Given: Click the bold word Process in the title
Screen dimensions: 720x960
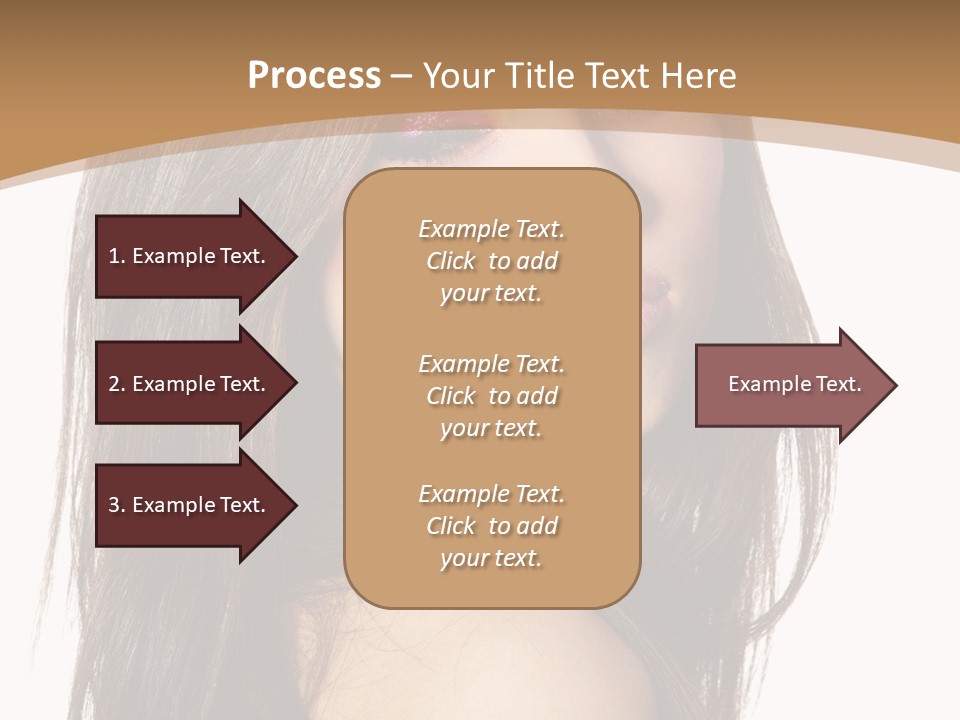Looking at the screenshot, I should click(x=314, y=76).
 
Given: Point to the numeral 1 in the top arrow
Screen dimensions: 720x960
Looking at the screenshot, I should click(x=114, y=256).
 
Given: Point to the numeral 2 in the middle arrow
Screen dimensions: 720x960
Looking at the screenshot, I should click(x=114, y=384).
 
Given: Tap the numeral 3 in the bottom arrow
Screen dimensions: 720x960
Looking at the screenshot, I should click(x=114, y=505).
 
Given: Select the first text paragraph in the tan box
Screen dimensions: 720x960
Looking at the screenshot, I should click(x=491, y=261).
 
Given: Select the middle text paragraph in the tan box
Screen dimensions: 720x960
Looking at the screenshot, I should click(x=491, y=396).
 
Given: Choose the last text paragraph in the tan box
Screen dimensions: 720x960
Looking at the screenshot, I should click(x=491, y=526).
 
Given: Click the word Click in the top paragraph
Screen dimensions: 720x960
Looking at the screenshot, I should click(x=451, y=261).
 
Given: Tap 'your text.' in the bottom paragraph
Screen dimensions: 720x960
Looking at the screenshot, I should click(x=491, y=558).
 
